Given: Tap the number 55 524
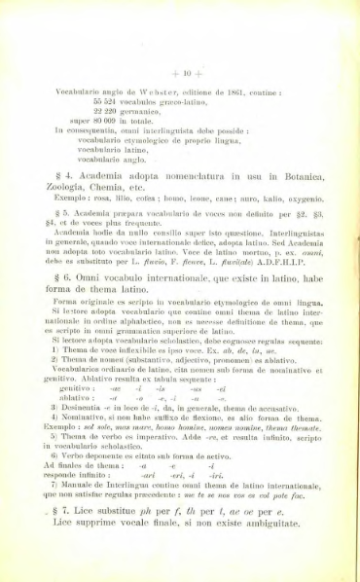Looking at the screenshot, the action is click(106, 100).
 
